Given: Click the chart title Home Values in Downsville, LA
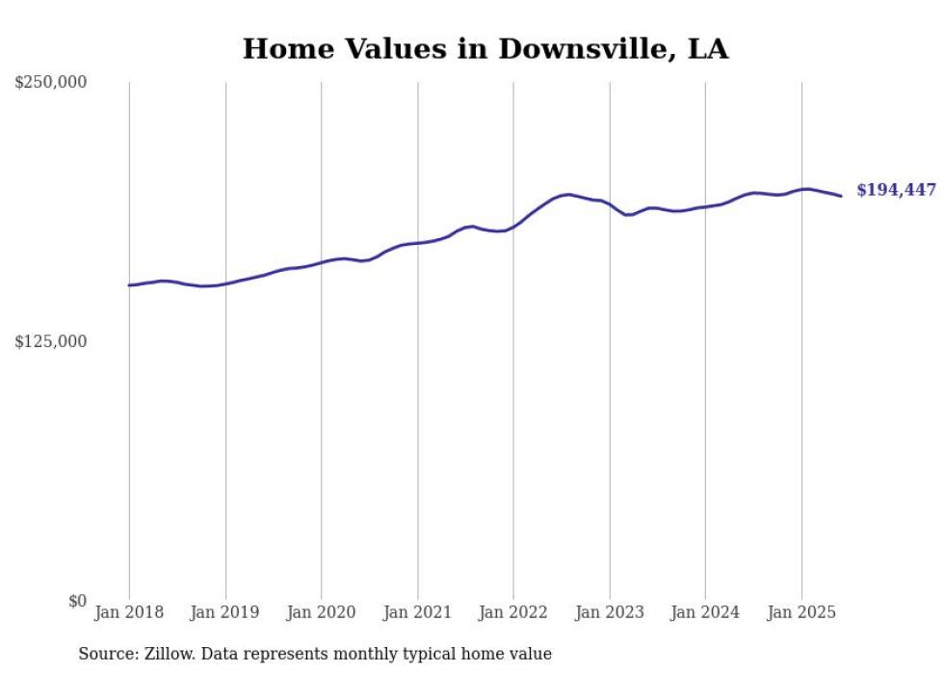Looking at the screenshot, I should [485, 48].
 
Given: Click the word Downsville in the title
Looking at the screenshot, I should [578, 48].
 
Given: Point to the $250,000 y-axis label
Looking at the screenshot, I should [50, 83].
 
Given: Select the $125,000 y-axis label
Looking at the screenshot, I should [50, 341].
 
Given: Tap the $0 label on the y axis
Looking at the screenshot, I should [77, 601].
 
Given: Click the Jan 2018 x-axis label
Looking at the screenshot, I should [129, 612].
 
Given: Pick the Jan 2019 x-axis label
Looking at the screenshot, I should [225, 612].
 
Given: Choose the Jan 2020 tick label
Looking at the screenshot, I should [322, 612].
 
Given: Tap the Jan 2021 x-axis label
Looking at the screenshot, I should [417, 612].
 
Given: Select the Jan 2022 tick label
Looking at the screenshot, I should [513, 612].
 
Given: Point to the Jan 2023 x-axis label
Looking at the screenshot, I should [610, 612].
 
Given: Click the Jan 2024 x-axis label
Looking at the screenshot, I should [705, 612].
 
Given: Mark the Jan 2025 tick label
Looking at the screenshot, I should [801, 612].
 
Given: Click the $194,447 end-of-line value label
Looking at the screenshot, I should [896, 190].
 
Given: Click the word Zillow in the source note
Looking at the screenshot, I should [168, 654].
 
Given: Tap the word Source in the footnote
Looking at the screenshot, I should [105, 654].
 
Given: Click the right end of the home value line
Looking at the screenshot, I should [841, 197].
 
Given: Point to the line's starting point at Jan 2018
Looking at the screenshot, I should [129, 285].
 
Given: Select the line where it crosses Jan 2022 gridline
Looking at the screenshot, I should [513, 228].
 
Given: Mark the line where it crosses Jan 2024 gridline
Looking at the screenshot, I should [705, 206].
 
